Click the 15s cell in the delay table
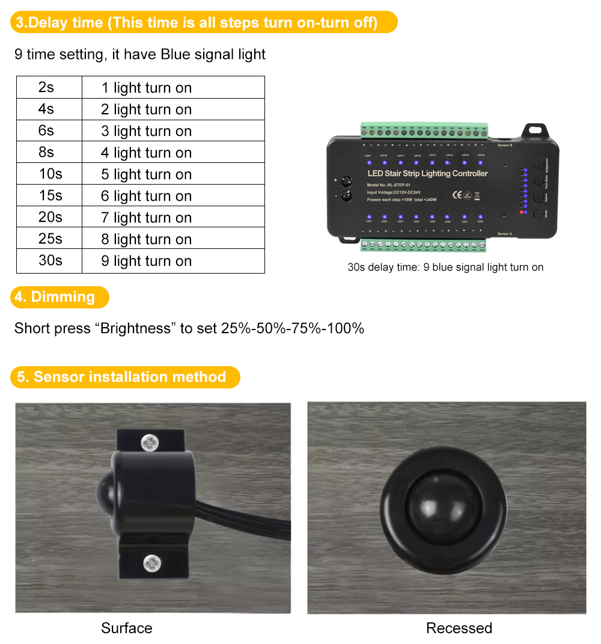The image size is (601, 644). click(x=50, y=196)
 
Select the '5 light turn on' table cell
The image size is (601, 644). click(x=146, y=174)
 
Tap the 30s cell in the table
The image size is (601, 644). click(x=50, y=261)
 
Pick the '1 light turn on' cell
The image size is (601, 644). click(x=146, y=88)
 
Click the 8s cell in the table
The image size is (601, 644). click(x=46, y=153)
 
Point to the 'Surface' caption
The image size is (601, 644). click(x=126, y=628)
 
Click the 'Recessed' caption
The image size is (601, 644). click(x=459, y=628)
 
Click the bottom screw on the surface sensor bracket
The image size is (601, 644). click(x=151, y=563)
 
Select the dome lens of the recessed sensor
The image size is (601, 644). click(x=448, y=506)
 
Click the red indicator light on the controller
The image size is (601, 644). click(x=520, y=212)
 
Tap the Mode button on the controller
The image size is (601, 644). click(x=538, y=212)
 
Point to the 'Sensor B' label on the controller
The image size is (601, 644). click(x=504, y=146)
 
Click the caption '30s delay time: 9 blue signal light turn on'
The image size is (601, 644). click(x=445, y=268)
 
